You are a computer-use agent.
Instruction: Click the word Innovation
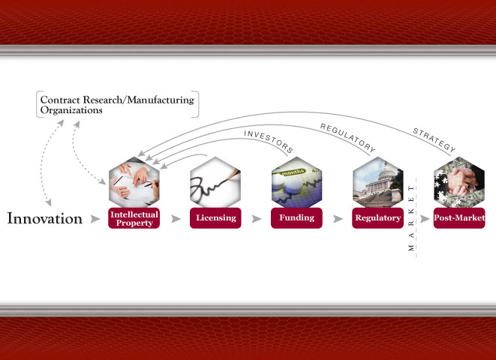click(x=44, y=218)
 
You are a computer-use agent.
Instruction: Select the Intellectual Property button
click(x=134, y=218)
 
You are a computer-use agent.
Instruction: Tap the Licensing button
click(x=215, y=218)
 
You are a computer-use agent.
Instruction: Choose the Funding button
click(x=296, y=218)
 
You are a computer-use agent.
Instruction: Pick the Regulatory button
click(x=377, y=218)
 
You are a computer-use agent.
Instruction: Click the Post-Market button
click(x=459, y=218)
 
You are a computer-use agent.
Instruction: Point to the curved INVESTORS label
click(x=269, y=142)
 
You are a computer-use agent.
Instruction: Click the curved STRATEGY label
click(x=434, y=140)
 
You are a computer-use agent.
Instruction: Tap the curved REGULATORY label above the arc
click(x=348, y=137)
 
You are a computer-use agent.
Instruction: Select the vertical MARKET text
click(x=411, y=218)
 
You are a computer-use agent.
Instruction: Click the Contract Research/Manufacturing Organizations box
click(x=118, y=104)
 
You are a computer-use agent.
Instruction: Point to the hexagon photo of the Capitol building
click(x=377, y=182)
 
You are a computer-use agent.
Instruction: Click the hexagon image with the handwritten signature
click(x=215, y=182)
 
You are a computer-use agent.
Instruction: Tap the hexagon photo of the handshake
click(x=459, y=182)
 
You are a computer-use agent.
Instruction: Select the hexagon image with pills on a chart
click(x=296, y=182)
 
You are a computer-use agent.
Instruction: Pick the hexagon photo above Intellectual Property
click(x=134, y=182)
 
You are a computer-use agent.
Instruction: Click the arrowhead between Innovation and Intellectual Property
click(x=95, y=219)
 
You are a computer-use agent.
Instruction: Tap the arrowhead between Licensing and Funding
click(x=257, y=219)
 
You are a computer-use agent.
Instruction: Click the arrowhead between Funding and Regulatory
click(x=338, y=219)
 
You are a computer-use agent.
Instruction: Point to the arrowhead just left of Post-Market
click(x=425, y=219)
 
